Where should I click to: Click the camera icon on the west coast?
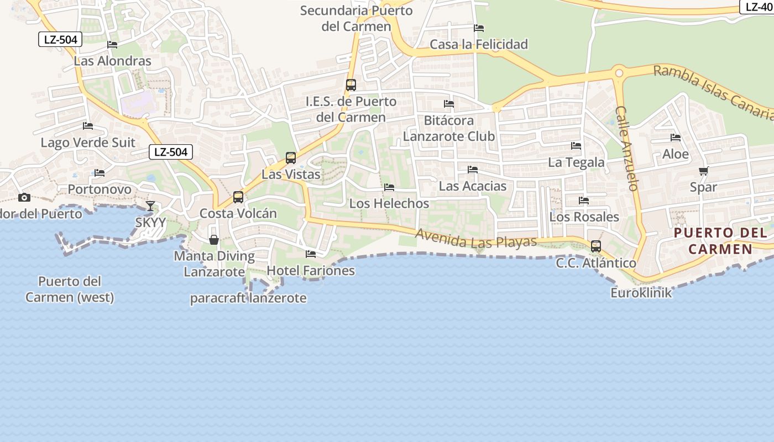coord(24,197)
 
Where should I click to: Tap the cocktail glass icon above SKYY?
coord(150,206)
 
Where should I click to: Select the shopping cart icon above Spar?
coord(703,171)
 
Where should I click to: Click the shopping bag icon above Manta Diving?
coord(214,240)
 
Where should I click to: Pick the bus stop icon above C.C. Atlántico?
coord(595,246)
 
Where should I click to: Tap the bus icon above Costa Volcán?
coord(238,197)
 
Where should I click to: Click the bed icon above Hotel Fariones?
coord(311,254)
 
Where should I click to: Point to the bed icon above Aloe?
coord(676,138)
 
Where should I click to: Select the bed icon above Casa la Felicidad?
coord(479,28)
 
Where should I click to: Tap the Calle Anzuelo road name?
coord(627,148)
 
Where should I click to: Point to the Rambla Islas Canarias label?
coord(713,92)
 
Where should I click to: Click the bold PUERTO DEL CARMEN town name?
coord(720,240)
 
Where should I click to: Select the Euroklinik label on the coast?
coord(641,293)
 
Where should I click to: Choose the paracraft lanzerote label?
coord(248,298)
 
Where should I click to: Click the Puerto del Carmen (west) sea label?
coord(70,289)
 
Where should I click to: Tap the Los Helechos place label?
coord(389,203)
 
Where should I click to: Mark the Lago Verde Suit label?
coord(88,143)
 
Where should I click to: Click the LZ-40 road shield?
coord(757,7)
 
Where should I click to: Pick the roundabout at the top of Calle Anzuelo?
coord(619,73)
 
